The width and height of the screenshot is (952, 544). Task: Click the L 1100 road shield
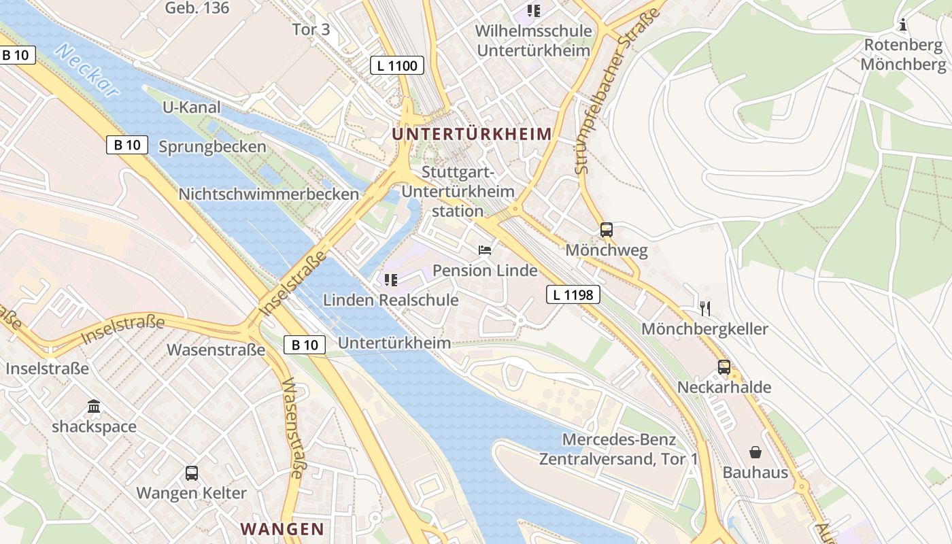(397, 65)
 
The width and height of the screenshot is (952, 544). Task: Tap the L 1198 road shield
(573, 294)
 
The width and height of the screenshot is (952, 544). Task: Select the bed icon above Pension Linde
(485, 250)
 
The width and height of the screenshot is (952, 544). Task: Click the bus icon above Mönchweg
(607, 230)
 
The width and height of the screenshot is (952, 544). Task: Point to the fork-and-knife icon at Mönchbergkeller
(704, 309)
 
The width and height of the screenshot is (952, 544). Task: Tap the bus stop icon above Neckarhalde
(724, 367)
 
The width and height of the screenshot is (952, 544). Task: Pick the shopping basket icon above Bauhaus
(755, 452)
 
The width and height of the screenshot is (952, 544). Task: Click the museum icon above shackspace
(94, 407)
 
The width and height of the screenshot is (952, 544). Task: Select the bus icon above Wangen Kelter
(192, 473)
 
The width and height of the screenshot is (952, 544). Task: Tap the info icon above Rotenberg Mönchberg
(903, 25)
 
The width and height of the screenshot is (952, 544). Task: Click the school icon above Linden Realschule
(390, 279)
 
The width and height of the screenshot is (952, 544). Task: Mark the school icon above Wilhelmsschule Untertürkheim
(534, 11)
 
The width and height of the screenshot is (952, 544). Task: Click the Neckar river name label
(88, 71)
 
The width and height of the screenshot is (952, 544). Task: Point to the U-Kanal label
(192, 107)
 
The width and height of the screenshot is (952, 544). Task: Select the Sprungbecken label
(212, 147)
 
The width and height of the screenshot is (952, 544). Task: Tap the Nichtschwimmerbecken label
(268, 194)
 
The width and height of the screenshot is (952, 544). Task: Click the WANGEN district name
(282, 528)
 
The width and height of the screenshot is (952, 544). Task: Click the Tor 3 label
(311, 29)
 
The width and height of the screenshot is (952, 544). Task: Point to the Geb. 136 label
(197, 8)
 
